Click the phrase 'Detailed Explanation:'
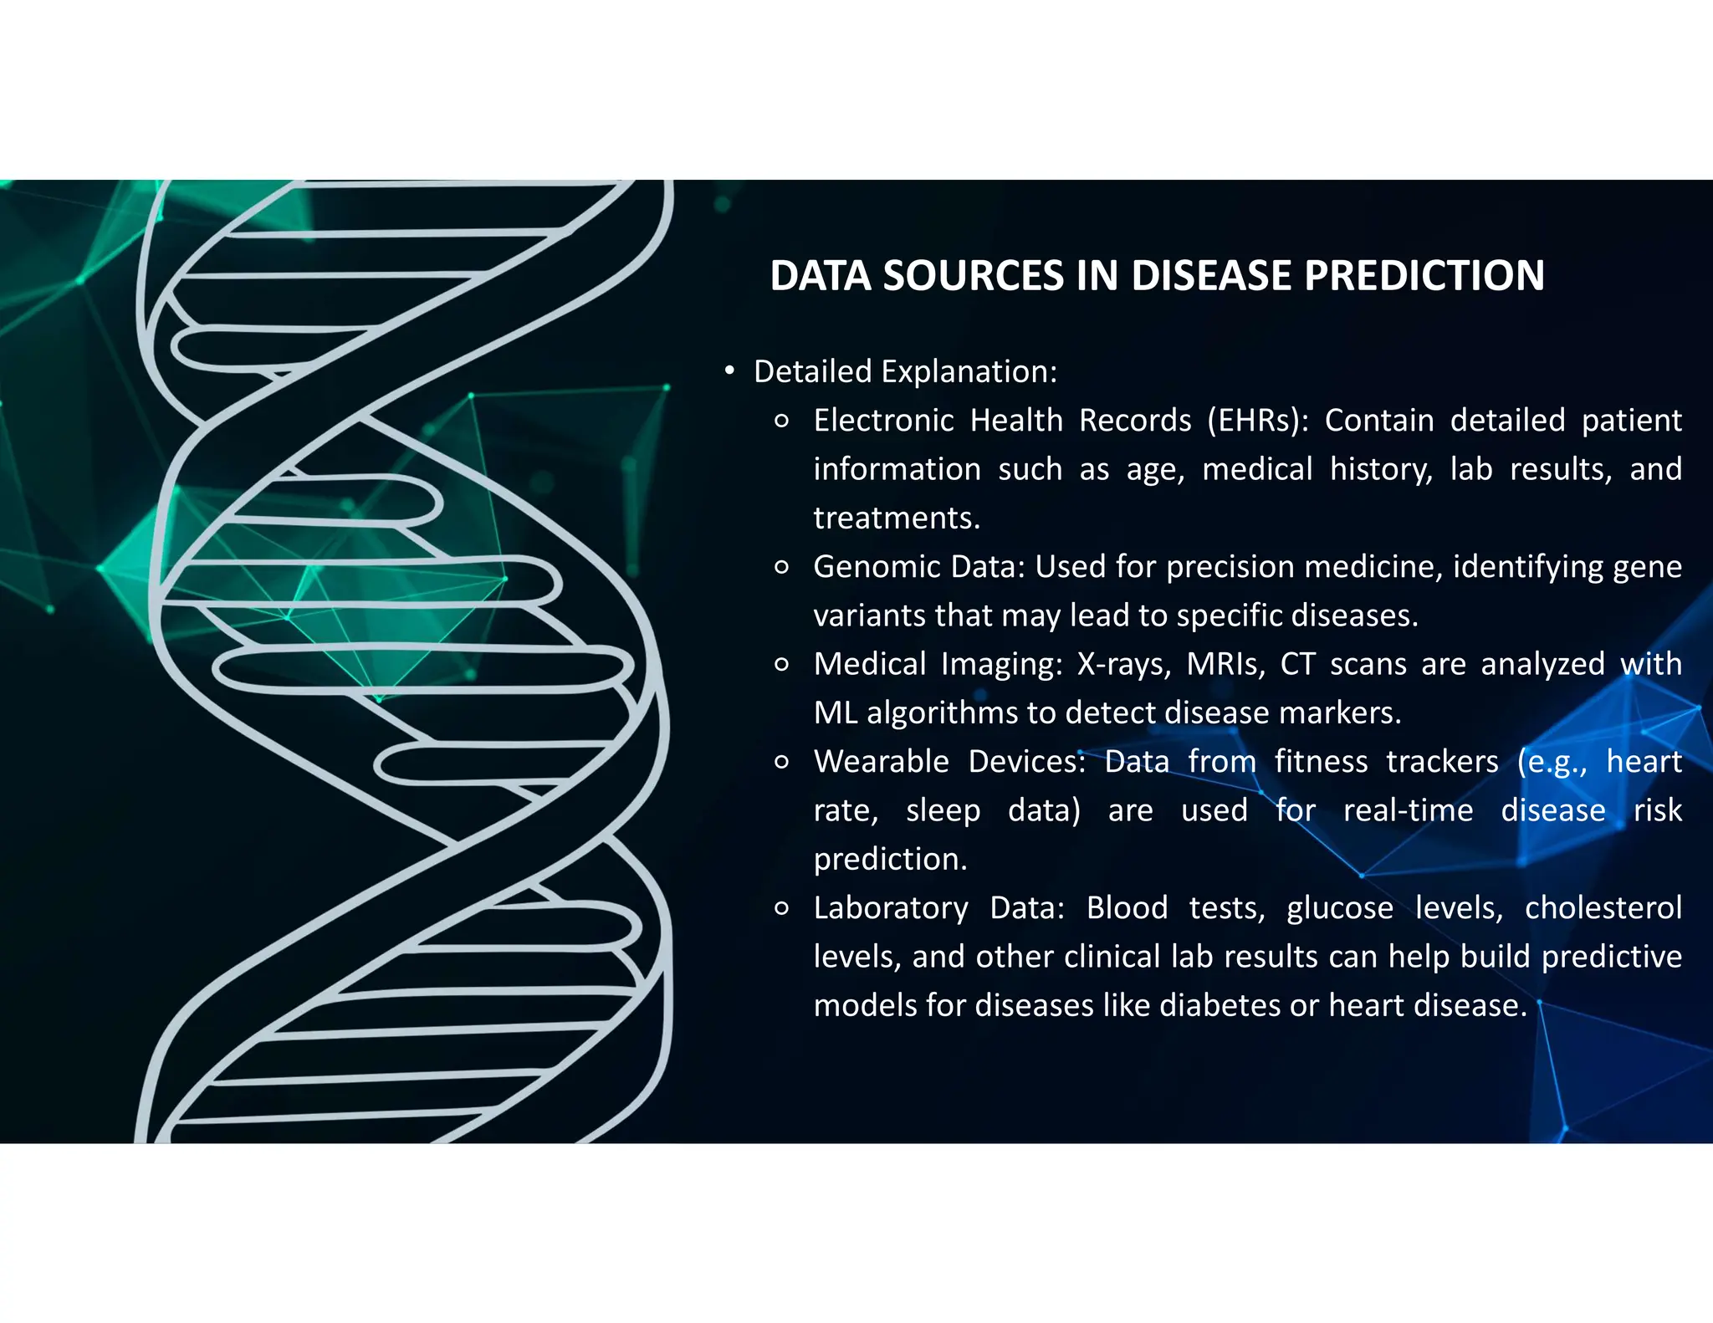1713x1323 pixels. click(905, 372)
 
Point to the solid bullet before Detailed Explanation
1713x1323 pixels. click(729, 370)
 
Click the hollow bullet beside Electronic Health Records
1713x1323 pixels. click(782, 421)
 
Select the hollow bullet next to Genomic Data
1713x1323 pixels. click(782, 568)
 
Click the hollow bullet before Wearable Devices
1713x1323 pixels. click(782, 763)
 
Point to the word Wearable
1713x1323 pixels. click(881, 762)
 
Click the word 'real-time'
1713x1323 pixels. click(1408, 810)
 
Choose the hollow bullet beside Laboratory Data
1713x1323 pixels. click(782, 909)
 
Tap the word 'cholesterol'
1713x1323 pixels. click(1603, 908)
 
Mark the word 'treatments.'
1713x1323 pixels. click(897, 518)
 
